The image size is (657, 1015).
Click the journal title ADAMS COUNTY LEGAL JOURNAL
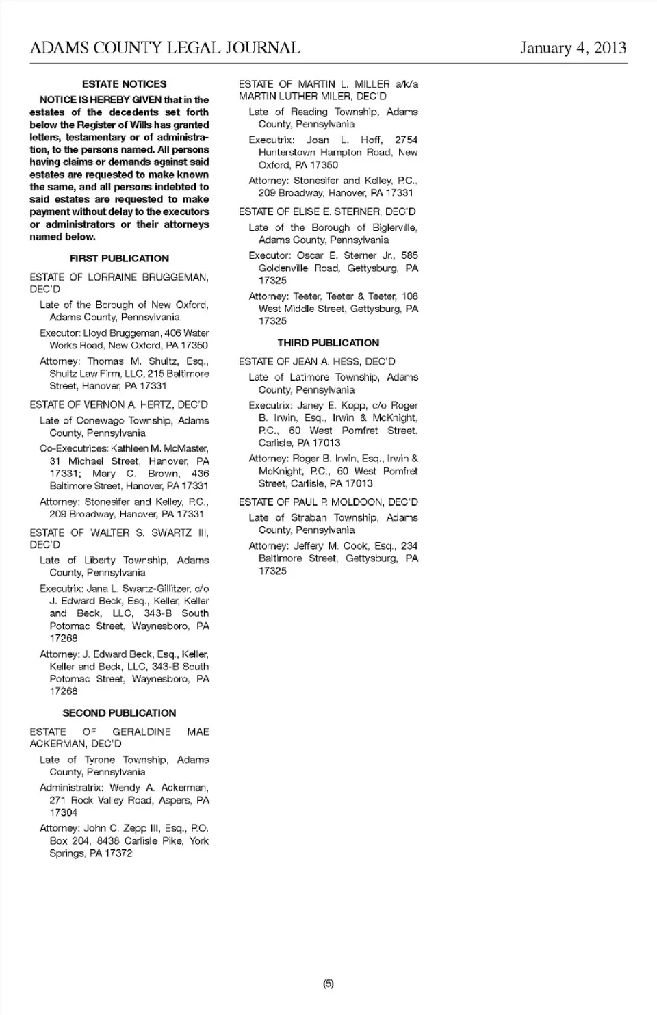(165, 48)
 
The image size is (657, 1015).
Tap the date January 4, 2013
(573, 48)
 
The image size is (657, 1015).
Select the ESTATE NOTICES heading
(124, 84)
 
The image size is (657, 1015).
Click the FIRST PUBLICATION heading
(119, 259)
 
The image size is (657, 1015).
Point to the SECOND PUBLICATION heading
(119, 713)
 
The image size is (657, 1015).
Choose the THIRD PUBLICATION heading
(328, 343)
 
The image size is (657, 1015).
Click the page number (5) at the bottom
(328, 984)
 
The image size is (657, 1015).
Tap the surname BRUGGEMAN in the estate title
(175, 277)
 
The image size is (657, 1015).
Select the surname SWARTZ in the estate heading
(172, 532)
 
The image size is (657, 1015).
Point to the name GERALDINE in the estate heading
(142, 732)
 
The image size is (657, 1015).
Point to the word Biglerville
(395, 228)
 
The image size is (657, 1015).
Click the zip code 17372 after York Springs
(118, 853)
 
